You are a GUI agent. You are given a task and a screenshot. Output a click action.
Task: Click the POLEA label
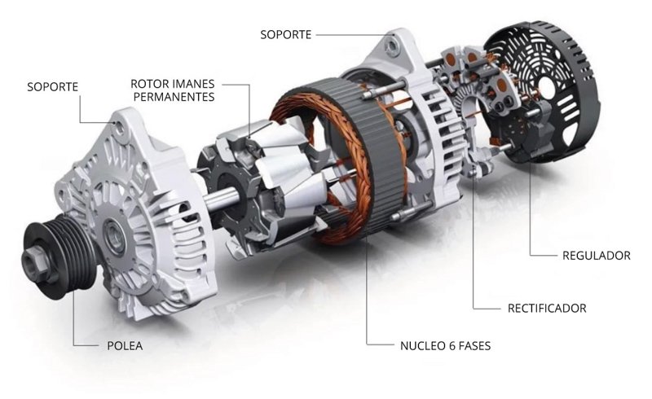(x=125, y=346)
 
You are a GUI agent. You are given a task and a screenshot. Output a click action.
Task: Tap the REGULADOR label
(x=597, y=255)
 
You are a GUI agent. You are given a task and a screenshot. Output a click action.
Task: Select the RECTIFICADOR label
(x=547, y=309)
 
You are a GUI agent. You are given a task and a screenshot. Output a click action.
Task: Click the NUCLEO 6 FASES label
(x=445, y=346)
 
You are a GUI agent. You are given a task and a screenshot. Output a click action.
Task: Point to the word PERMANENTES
(x=174, y=97)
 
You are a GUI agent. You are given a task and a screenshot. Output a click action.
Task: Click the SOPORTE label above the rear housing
(x=286, y=34)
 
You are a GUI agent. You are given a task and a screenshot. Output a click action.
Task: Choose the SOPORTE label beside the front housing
(x=52, y=87)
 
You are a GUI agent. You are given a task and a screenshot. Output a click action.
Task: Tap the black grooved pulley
(x=57, y=258)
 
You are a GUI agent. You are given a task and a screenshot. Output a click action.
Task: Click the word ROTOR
(x=146, y=84)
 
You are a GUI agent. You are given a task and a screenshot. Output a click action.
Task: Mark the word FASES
(x=474, y=346)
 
